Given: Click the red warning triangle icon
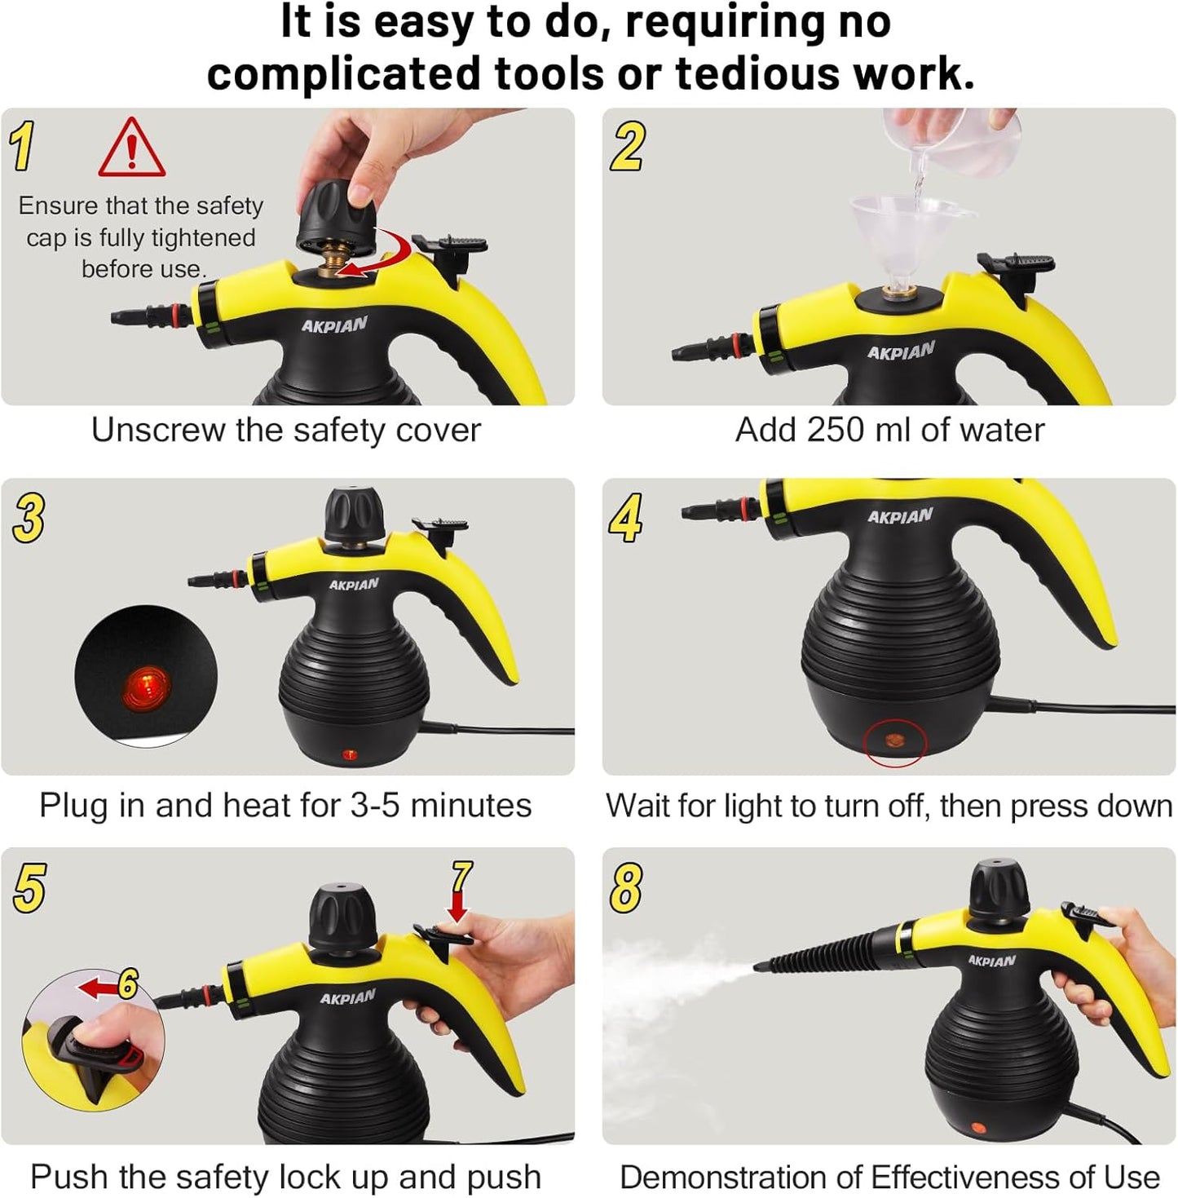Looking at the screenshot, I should tap(131, 149).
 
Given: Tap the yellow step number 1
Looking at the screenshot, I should tap(23, 146).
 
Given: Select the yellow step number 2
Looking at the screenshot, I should tap(627, 146).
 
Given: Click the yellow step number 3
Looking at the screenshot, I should tap(29, 518).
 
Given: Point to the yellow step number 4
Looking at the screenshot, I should tap(625, 518).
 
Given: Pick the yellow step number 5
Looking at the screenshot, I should tap(29, 888).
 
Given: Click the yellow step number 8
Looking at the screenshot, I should tap(625, 888).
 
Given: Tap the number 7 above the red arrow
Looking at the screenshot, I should tap(461, 878).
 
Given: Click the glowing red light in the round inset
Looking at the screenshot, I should tap(147, 679).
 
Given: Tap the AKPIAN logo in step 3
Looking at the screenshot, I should tap(354, 584).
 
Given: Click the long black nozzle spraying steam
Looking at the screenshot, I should tap(819, 953).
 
